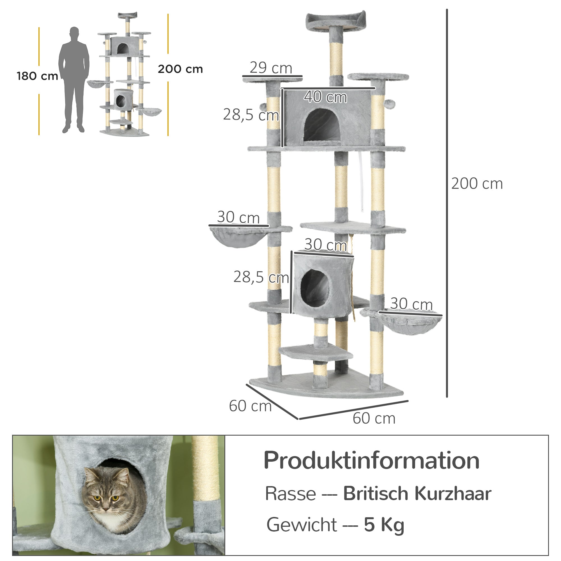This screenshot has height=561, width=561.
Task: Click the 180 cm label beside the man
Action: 37,76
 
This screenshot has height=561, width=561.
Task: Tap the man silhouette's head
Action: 74,33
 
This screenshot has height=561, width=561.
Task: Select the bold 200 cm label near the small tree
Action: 180,69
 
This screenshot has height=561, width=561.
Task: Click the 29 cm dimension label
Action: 271,68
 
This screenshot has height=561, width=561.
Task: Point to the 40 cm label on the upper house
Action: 325,97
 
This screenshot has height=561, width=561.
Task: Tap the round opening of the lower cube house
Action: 315,288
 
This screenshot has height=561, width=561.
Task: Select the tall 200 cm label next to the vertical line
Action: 477,183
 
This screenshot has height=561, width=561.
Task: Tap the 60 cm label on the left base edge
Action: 250,406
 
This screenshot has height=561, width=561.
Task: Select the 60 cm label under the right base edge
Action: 374,418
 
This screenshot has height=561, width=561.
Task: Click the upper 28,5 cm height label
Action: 251,115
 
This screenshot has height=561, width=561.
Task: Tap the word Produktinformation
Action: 371,461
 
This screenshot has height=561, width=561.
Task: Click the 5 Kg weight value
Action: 384,525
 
